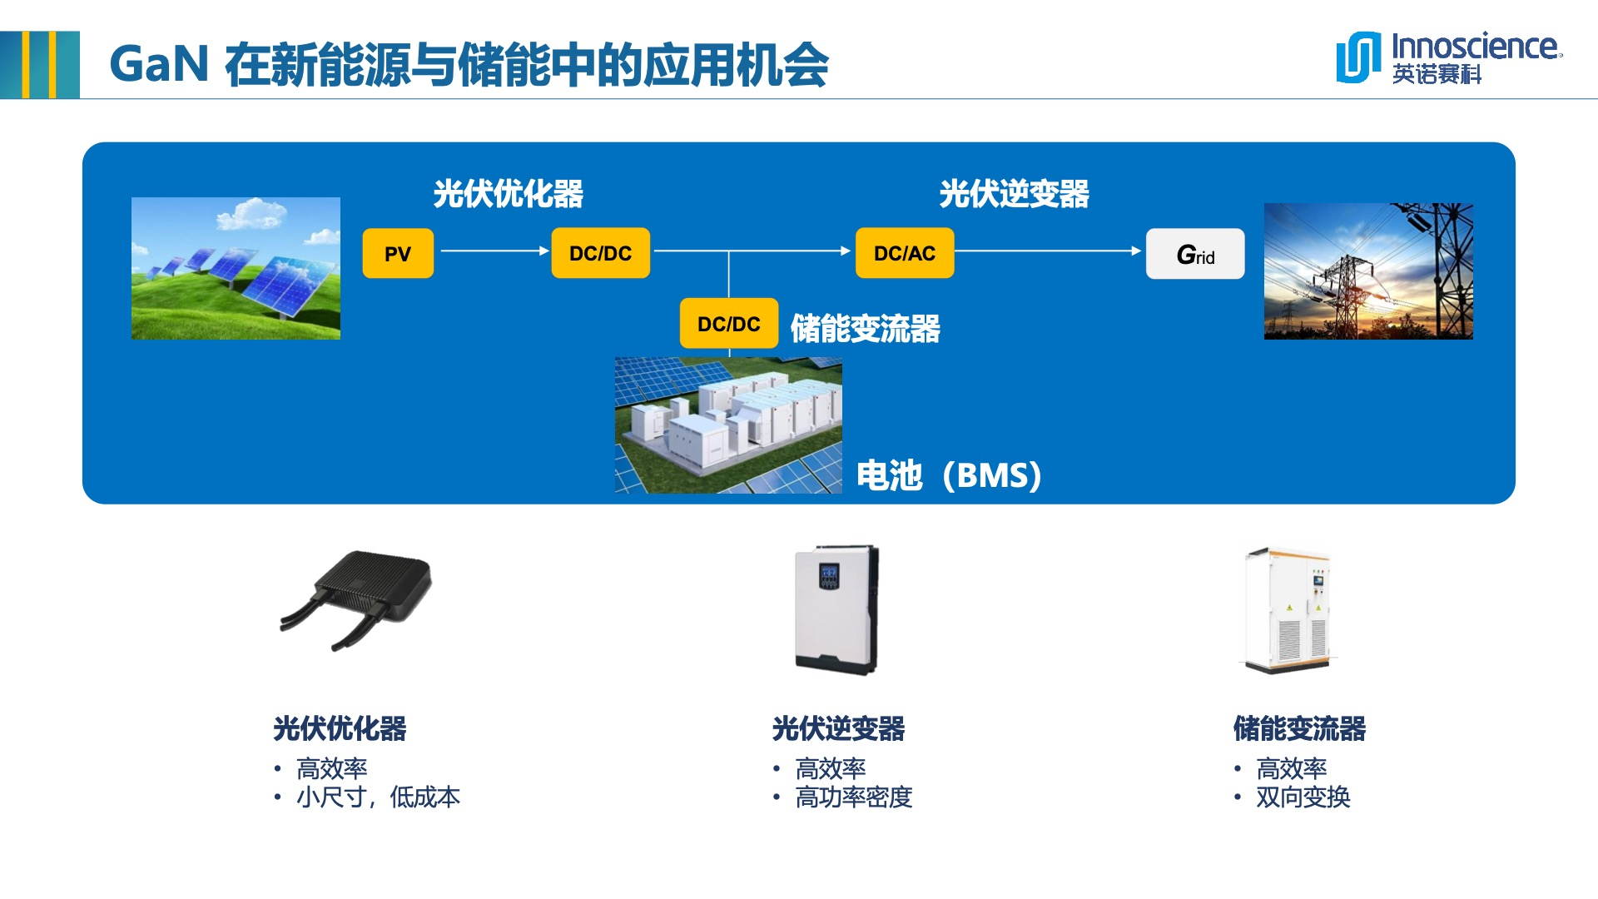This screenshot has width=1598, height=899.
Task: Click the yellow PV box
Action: click(398, 253)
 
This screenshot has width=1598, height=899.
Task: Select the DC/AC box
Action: click(905, 253)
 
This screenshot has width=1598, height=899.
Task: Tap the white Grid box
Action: click(1195, 254)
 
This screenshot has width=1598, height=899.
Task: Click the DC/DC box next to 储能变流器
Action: click(729, 324)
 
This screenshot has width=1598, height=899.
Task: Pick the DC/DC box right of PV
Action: click(600, 253)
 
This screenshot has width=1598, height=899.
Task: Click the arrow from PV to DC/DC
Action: click(494, 251)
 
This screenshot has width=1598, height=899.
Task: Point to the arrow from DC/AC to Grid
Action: click(1049, 251)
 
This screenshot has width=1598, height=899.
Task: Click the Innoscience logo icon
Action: click(1358, 57)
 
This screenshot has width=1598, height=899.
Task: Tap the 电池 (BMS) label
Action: click(949, 475)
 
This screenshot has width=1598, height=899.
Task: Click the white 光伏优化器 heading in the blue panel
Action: click(509, 194)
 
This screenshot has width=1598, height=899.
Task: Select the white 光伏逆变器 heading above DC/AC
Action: click(1014, 194)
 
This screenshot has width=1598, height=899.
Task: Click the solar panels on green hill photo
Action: click(236, 268)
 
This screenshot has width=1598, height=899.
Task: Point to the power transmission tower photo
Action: click(1368, 271)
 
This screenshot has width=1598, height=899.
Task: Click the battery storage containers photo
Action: click(728, 425)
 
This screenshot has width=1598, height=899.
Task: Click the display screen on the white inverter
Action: click(829, 575)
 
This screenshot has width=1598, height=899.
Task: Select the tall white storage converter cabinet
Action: click(1288, 609)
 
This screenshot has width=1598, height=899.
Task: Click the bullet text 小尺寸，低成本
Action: click(378, 797)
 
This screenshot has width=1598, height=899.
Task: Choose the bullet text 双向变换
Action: click(1303, 797)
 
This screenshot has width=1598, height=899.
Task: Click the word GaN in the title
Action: click(159, 64)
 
